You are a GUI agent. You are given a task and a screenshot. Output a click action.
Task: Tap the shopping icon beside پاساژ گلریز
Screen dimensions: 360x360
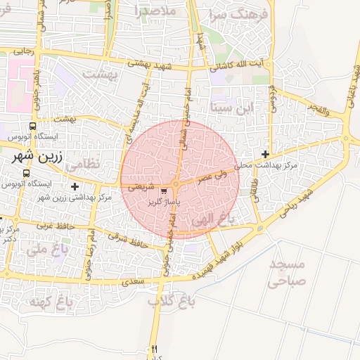[164, 191]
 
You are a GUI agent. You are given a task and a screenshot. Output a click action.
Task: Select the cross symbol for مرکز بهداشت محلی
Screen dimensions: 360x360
[265, 154]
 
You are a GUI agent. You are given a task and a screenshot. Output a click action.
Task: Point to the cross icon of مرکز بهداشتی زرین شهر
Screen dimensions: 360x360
[75, 186]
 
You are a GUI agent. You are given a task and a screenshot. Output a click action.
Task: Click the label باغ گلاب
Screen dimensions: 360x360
[170, 301]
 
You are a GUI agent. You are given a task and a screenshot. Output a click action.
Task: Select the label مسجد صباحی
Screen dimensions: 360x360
[287, 274]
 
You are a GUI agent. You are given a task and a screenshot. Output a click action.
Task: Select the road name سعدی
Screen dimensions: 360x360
[133, 281]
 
